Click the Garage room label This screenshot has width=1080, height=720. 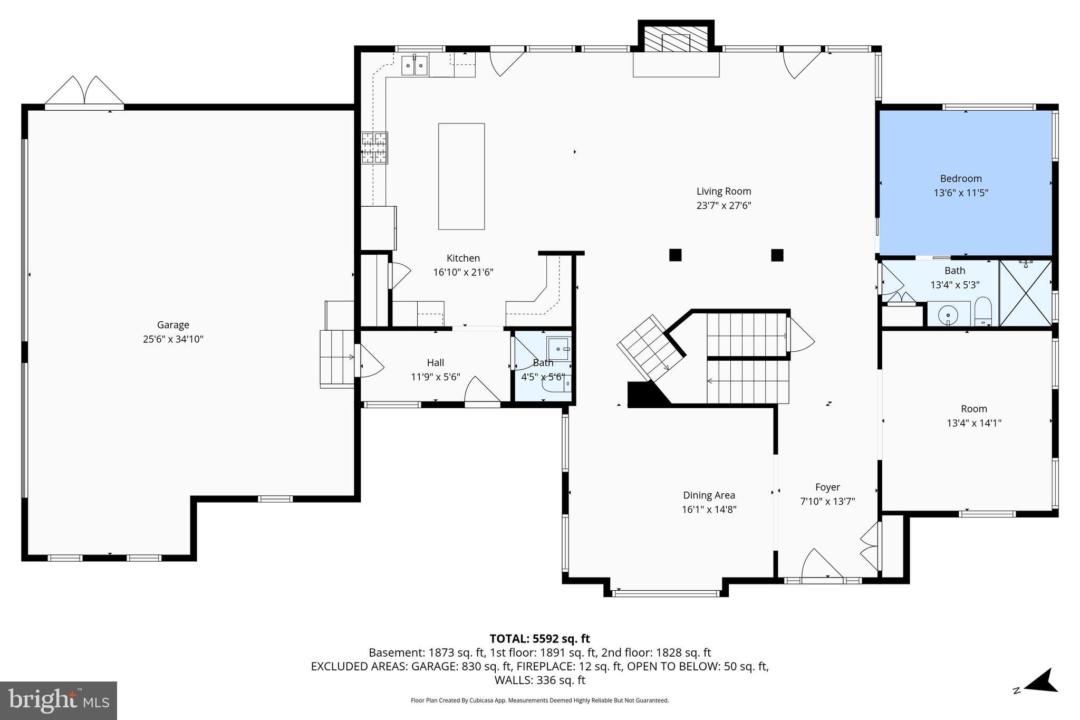coord(173,325)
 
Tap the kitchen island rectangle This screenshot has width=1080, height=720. coord(461,176)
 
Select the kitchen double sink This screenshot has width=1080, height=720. coord(414,66)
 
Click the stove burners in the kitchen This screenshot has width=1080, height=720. coord(374,148)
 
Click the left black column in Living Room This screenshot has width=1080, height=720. coord(675,255)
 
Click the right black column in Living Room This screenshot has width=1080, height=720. coord(777,255)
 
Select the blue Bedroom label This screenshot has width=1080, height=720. coord(961,179)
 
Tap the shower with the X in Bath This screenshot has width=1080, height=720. coord(1025,293)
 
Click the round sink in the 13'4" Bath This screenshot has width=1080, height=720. coord(948,315)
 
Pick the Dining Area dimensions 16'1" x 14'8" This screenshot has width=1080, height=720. coord(709,510)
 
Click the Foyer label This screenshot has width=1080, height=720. coord(827,487)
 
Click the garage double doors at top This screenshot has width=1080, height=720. coord(84,92)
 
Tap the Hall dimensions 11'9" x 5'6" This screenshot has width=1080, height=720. coord(436,377)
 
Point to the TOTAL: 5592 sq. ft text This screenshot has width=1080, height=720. coord(539,639)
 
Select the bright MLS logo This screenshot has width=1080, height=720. coord(59,700)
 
